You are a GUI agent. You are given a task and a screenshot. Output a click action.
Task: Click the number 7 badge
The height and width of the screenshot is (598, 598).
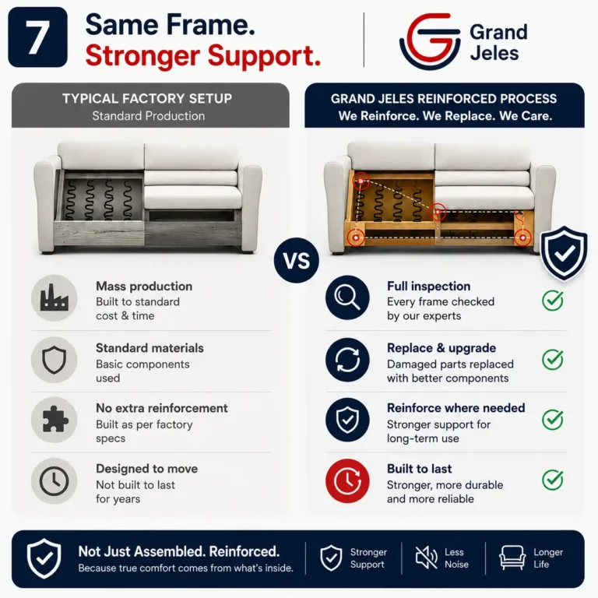pos(37,37)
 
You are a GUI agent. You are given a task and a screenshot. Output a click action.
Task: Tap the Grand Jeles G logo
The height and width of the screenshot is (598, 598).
pos(430,41)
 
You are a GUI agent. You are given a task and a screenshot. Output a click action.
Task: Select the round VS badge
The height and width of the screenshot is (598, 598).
pos(297,261)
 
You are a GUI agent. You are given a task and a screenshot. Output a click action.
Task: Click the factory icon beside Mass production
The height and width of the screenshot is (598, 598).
pos(55,297)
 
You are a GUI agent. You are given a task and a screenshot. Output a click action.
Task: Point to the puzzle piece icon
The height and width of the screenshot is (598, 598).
pos(55,420)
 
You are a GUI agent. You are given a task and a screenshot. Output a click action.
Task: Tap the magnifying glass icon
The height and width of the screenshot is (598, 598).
pos(347,297)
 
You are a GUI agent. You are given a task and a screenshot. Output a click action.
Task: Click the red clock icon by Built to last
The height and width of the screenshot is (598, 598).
pos(347,480)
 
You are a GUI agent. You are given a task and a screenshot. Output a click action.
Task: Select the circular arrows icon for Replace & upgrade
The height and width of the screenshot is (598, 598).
pos(347,360)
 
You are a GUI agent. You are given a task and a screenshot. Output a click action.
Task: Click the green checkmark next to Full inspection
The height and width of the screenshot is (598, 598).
pos(553,300)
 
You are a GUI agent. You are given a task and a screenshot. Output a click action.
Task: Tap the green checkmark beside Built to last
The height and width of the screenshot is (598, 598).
pos(553,480)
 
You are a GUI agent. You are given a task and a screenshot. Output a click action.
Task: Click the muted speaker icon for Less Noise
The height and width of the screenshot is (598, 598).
pos(427,558)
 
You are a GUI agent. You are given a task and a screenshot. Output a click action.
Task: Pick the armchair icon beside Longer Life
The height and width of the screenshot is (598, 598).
pos(512,558)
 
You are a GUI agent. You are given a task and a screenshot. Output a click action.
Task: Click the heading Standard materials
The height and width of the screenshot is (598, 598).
pos(149,348)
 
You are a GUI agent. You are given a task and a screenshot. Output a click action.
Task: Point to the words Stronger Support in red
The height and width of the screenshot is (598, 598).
pos(202,56)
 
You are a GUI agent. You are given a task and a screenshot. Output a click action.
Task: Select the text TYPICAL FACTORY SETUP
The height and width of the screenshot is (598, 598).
pos(147,98)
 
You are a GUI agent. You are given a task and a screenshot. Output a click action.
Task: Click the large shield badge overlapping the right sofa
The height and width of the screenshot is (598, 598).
pos(564,253)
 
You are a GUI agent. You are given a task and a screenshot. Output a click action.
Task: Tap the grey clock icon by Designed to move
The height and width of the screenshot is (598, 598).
pos(55,480)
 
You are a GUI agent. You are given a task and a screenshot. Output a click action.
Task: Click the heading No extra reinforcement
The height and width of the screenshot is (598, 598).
pos(162,408)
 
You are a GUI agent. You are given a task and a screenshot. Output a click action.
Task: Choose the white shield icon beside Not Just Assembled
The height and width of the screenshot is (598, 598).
pos(44,558)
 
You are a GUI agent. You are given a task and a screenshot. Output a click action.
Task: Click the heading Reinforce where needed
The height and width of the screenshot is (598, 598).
pos(456,408)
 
